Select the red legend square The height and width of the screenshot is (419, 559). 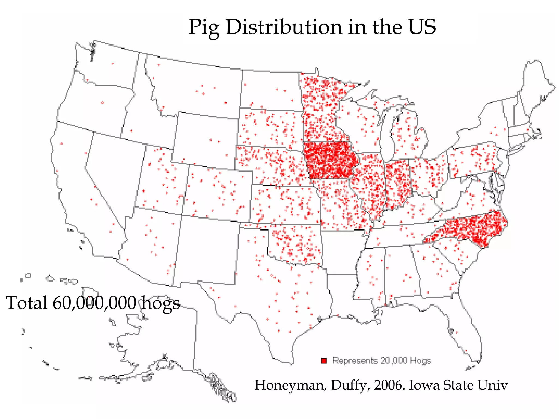324,361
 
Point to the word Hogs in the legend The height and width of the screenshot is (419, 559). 420,361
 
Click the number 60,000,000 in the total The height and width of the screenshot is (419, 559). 94,303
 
